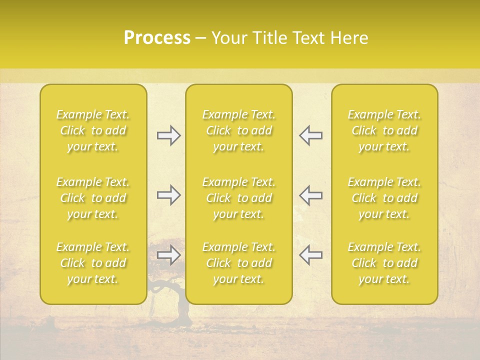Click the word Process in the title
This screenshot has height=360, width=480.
[x=157, y=38]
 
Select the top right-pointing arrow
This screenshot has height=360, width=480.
[x=169, y=135]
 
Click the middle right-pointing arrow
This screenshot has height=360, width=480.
[x=169, y=195]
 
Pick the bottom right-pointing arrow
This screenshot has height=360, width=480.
[x=169, y=255]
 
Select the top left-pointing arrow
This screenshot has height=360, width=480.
[x=310, y=135]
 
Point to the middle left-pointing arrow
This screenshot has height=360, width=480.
[x=310, y=195]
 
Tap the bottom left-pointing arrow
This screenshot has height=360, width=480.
[x=310, y=255]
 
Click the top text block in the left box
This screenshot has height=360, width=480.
[x=93, y=130]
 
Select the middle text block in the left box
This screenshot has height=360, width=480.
[x=93, y=198]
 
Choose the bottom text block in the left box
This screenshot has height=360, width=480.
[x=93, y=263]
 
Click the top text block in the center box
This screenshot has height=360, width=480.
[x=239, y=130]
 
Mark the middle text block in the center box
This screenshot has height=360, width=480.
[x=239, y=198]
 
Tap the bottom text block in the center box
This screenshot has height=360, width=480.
[x=239, y=263]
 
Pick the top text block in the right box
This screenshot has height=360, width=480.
[x=384, y=130]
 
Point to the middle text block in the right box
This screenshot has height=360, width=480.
[x=384, y=198]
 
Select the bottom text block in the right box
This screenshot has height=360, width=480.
[x=384, y=263]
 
